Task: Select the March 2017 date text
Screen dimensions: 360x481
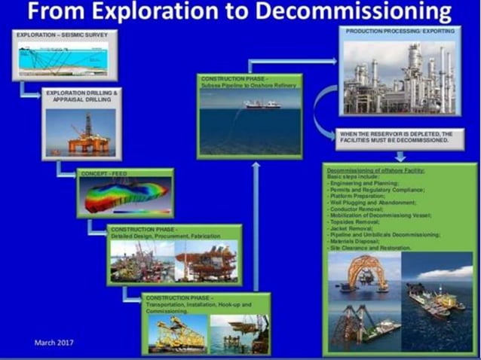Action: [54, 343]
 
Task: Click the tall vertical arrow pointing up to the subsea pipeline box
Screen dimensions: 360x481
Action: [256, 226]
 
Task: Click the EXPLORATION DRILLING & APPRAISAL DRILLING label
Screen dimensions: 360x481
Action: [81, 95]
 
